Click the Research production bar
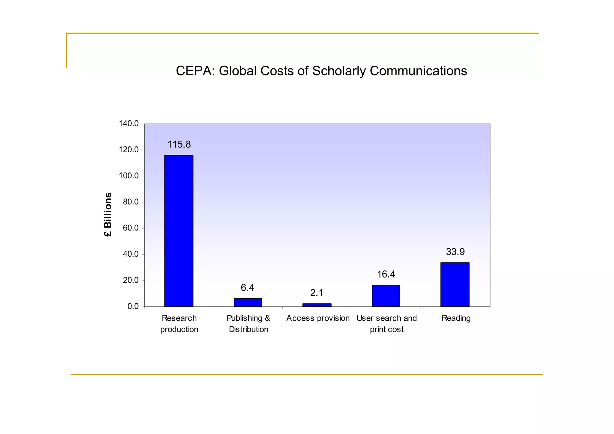179,231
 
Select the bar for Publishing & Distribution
248,302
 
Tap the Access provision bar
317,305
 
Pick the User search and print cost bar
386,296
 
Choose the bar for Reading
455,284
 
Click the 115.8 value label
179,144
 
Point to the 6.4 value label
247,288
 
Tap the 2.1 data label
317,293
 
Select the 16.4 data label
386,274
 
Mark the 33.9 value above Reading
455,252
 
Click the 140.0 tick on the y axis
129,123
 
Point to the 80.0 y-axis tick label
131,202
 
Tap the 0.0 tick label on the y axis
133,306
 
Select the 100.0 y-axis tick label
129,176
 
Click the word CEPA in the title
195,71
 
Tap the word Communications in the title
418,71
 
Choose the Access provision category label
318,318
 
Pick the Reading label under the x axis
456,318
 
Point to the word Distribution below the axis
249,329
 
